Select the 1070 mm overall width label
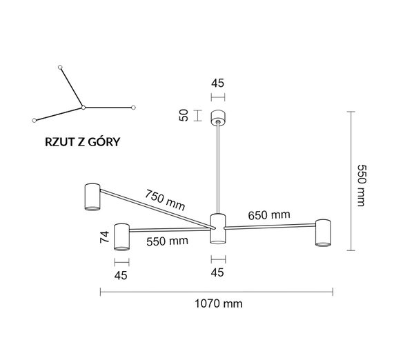(218, 303)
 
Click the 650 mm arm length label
(269, 215)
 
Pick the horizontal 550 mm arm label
(167, 241)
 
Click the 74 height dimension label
(105, 238)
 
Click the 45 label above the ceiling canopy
(218, 83)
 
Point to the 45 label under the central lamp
(218, 272)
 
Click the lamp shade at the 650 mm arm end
(323, 232)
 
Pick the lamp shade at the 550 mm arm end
(122, 237)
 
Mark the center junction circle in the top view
(83, 108)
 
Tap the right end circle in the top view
(133, 108)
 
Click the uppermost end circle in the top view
(61, 67)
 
